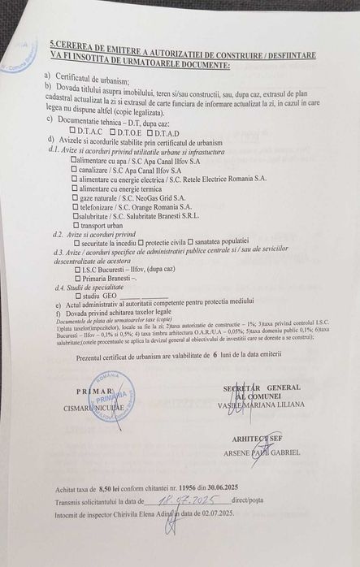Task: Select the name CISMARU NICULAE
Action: tap(96, 403)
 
